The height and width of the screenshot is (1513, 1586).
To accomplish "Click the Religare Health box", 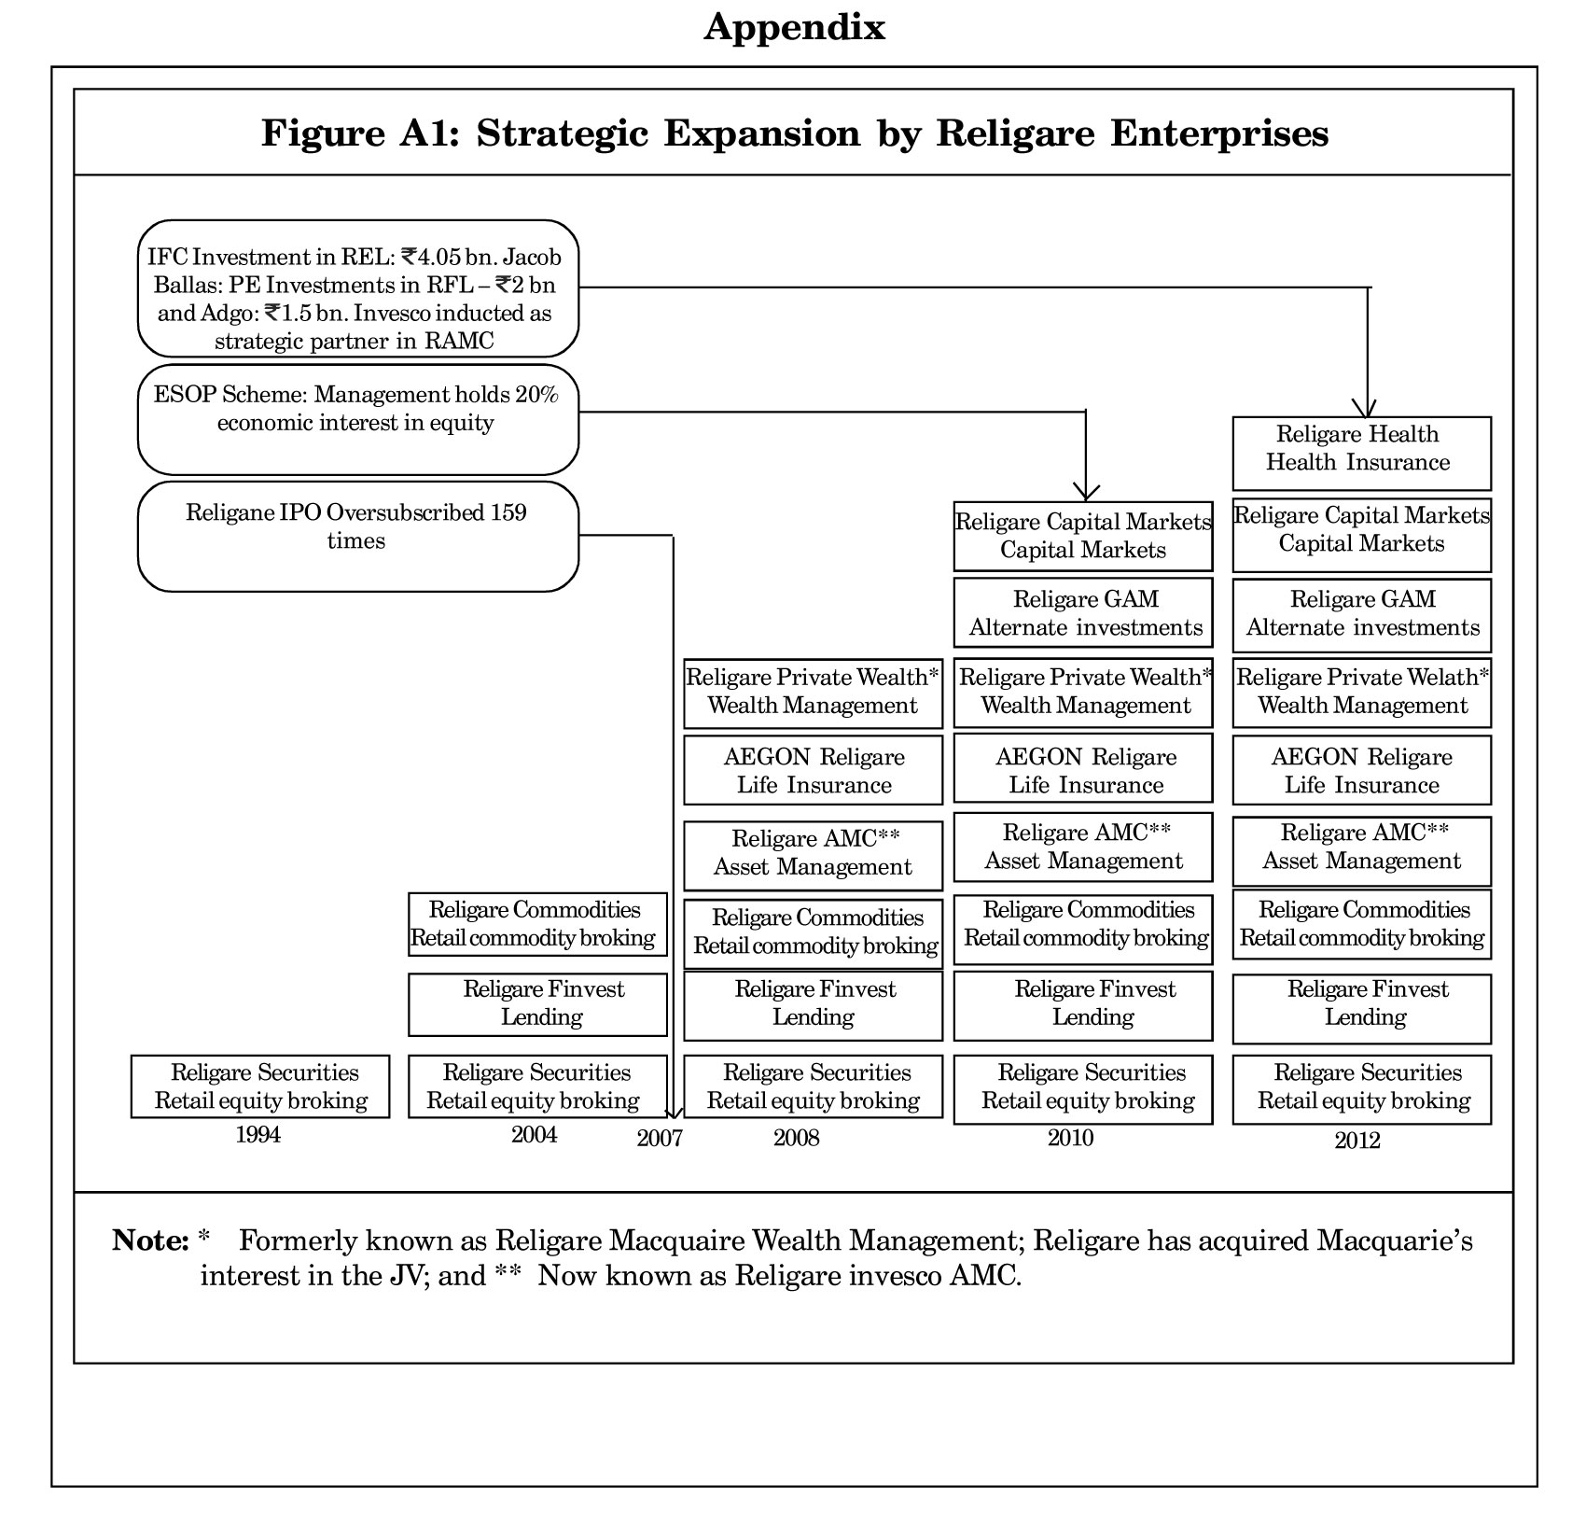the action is click(1361, 454).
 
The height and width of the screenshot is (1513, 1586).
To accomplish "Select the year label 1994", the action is click(258, 1134).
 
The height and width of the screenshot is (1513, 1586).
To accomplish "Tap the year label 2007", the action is click(660, 1138).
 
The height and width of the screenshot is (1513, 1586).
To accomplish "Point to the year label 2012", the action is click(1357, 1140).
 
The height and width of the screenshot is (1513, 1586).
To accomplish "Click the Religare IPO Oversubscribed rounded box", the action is click(358, 536).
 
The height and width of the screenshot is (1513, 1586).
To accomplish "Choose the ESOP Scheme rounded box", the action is click(358, 419).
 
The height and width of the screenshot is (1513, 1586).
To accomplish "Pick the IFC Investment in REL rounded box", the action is click(358, 288).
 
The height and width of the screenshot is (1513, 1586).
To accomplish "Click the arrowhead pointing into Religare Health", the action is click(1368, 409).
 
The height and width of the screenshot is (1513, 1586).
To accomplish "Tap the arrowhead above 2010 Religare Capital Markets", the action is click(1086, 493).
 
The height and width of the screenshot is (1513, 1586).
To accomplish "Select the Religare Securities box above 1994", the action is click(260, 1086).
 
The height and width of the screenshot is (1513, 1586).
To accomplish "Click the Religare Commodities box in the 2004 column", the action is click(538, 924).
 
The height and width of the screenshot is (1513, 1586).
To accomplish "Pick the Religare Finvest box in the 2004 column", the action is click(538, 1004).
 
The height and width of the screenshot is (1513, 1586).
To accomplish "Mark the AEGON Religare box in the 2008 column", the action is click(814, 770).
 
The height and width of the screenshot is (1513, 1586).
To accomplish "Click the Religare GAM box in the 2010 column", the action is click(1083, 612).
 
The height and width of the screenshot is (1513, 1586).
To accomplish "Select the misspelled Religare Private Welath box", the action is click(1362, 693).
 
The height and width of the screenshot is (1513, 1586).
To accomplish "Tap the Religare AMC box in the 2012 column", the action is click(1362, 851).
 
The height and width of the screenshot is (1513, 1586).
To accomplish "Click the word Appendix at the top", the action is click(795, 28).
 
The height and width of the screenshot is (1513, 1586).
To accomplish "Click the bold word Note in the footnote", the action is click(150, 1240).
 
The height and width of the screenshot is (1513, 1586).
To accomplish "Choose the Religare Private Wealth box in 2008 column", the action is click(814, 693).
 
